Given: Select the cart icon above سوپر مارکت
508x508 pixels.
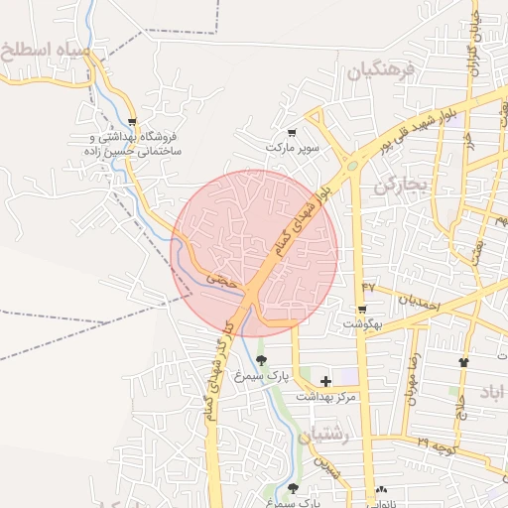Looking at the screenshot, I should point(291,133).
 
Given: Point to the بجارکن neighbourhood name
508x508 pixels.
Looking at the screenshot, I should point(401,185).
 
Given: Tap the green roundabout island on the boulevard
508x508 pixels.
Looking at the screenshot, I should point(351,167).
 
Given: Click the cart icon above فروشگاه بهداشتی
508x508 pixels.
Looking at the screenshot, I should point(131,123).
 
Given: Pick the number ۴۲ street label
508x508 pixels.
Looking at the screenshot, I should point(368,287).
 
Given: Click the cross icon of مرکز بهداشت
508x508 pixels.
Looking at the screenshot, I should point(325,381).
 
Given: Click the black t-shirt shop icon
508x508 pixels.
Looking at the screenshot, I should point(463,361).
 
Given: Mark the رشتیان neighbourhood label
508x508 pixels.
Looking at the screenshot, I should point(330,436).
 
